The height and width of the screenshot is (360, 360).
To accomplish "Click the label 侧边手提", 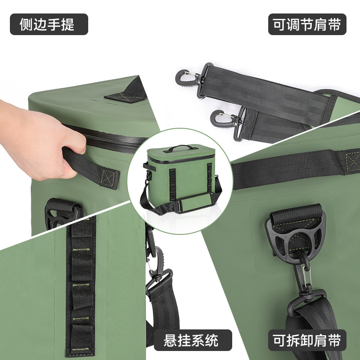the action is point(49,24).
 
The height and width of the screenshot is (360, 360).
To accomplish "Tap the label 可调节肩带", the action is point(307,24).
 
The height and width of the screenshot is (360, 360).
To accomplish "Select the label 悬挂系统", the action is point(193,340).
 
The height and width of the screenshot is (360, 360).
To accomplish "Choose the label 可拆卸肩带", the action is point(307,340).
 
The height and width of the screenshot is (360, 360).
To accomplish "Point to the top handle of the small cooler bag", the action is point(180,148).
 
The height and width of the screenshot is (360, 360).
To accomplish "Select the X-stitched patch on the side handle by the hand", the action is point(108,179).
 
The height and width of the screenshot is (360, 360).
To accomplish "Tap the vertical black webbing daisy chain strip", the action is point(81,287).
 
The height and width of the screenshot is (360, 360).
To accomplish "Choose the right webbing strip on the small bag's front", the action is point(209,178).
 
